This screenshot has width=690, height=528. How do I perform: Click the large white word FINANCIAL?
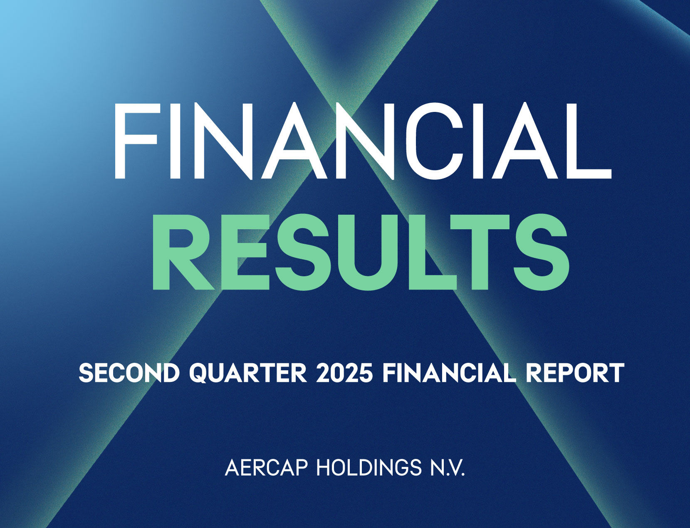363,141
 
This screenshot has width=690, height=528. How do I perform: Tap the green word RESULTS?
361,252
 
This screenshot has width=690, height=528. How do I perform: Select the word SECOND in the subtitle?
129,373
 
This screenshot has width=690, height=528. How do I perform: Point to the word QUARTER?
248,373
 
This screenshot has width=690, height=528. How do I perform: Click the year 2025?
344,373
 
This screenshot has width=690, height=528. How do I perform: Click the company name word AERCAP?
266,468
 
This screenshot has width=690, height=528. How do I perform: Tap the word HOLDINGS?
369,468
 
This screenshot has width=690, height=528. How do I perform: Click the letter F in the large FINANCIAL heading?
136,141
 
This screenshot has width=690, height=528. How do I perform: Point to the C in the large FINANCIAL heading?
434,141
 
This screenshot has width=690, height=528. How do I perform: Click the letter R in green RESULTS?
183,252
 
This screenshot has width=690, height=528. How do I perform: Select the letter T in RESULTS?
480,252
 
